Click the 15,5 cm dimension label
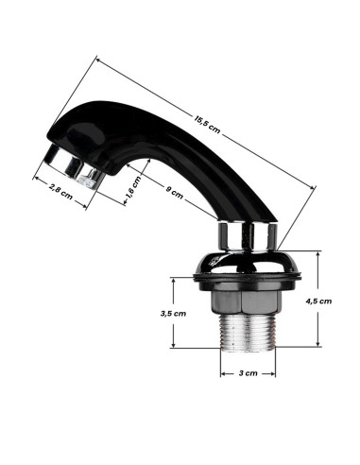(x=207, y=125)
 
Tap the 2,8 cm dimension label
(x=60, y=192)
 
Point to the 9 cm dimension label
(x=174, y=193)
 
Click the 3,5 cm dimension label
(x=173, y=314)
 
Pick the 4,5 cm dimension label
(x=318, y=301)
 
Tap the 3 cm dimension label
(x=248, y=373)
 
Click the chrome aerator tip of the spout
(x=73, y=167)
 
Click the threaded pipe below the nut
(x=248, y=333)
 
